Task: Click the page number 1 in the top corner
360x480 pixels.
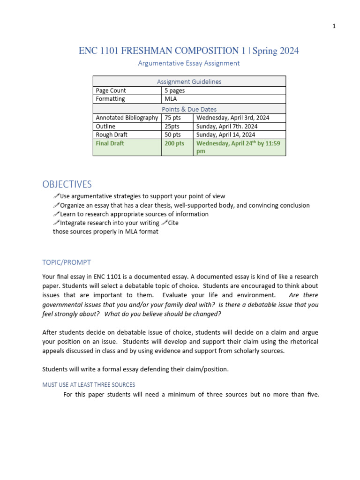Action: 334,26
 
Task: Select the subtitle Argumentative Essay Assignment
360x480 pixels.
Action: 189,63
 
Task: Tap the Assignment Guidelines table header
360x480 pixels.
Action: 189,82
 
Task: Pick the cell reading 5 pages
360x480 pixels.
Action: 174,90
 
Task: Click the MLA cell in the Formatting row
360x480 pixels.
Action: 170,99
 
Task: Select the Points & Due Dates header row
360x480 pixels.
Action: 189,109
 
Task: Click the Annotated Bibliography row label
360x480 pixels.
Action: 127,118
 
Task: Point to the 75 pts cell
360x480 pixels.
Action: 172,118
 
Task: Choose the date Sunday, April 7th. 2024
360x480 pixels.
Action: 227,126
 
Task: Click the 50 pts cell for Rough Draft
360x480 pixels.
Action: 172,135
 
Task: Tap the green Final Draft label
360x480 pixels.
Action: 110,143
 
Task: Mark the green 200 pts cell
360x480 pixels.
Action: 174,143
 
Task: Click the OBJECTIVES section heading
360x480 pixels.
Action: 67,184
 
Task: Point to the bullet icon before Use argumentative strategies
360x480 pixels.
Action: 56,196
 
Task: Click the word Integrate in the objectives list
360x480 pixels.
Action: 74,223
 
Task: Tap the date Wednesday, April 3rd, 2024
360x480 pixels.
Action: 233,118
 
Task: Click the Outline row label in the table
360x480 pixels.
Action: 105,126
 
